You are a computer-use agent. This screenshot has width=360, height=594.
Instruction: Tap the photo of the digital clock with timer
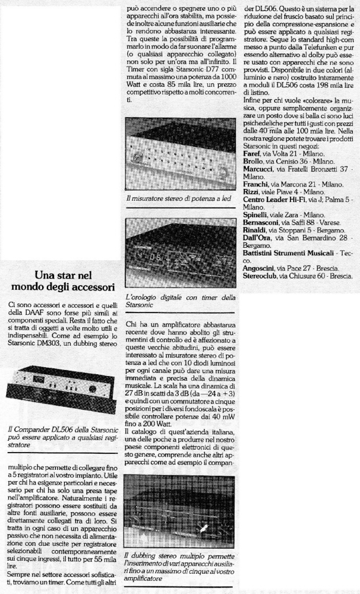(181, 254)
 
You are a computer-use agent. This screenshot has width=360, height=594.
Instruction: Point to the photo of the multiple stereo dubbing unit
(181, 519)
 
